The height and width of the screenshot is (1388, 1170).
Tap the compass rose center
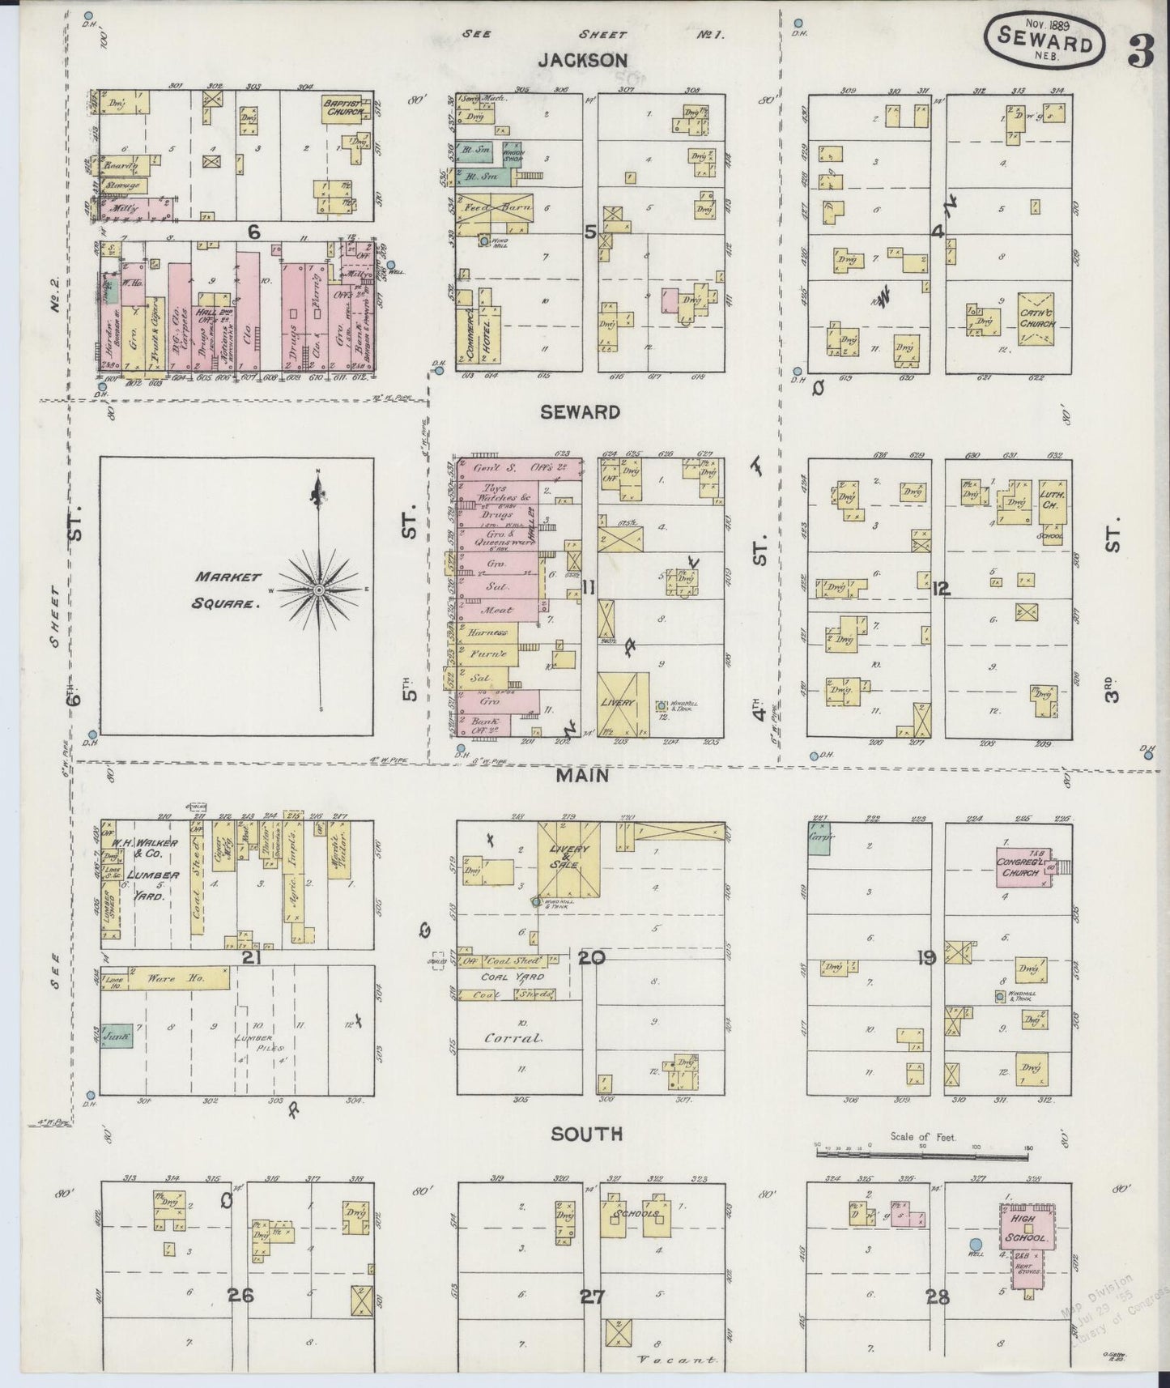(x=319, y=590)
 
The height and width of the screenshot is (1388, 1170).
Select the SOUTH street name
(x=586, y=1134)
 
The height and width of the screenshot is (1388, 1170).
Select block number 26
(x=240, y=1295)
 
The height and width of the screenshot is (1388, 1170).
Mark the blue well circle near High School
(x=976, y=1243)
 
